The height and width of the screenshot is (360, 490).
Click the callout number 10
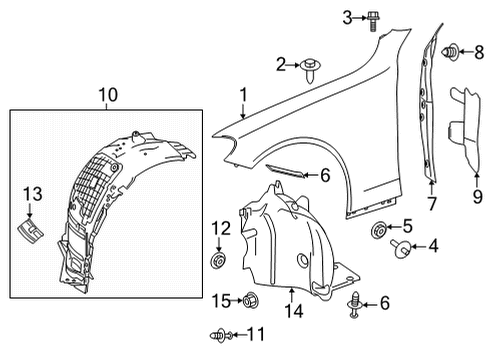[108, 95]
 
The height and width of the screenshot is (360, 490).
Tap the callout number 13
[33, 194]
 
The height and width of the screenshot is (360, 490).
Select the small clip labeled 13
[30, 230]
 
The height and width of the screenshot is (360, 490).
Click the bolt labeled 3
[374, 21]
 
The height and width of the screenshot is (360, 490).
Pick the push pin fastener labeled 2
[310, 70]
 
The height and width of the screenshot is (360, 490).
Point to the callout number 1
[244, 95]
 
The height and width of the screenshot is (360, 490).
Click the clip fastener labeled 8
[450, 52]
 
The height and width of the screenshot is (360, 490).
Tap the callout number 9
[477, 197]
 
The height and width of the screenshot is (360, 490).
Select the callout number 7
[432, 203]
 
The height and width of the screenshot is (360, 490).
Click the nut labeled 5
[379, 230]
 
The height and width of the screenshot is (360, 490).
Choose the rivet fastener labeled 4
[400, 248]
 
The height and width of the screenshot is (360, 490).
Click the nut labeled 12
[219, 260]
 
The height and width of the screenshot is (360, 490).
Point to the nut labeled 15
[251, 301]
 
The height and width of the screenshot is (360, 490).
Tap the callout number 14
[294, 311]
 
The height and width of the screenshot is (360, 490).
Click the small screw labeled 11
[220, 335]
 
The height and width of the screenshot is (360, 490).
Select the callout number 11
[256, 334]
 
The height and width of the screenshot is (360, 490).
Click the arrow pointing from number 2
[293, 65]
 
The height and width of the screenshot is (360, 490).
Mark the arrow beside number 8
[466, 52]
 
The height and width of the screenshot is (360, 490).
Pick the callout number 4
[433, 246]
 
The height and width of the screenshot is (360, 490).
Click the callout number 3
[347, 18]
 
